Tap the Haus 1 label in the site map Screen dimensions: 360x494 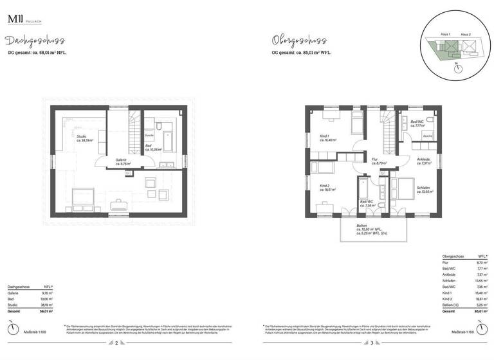[x=445, y=33]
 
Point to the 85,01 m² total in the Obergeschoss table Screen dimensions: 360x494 [x=475, y=310]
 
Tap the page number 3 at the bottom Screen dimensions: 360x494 [x=372, y=343]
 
